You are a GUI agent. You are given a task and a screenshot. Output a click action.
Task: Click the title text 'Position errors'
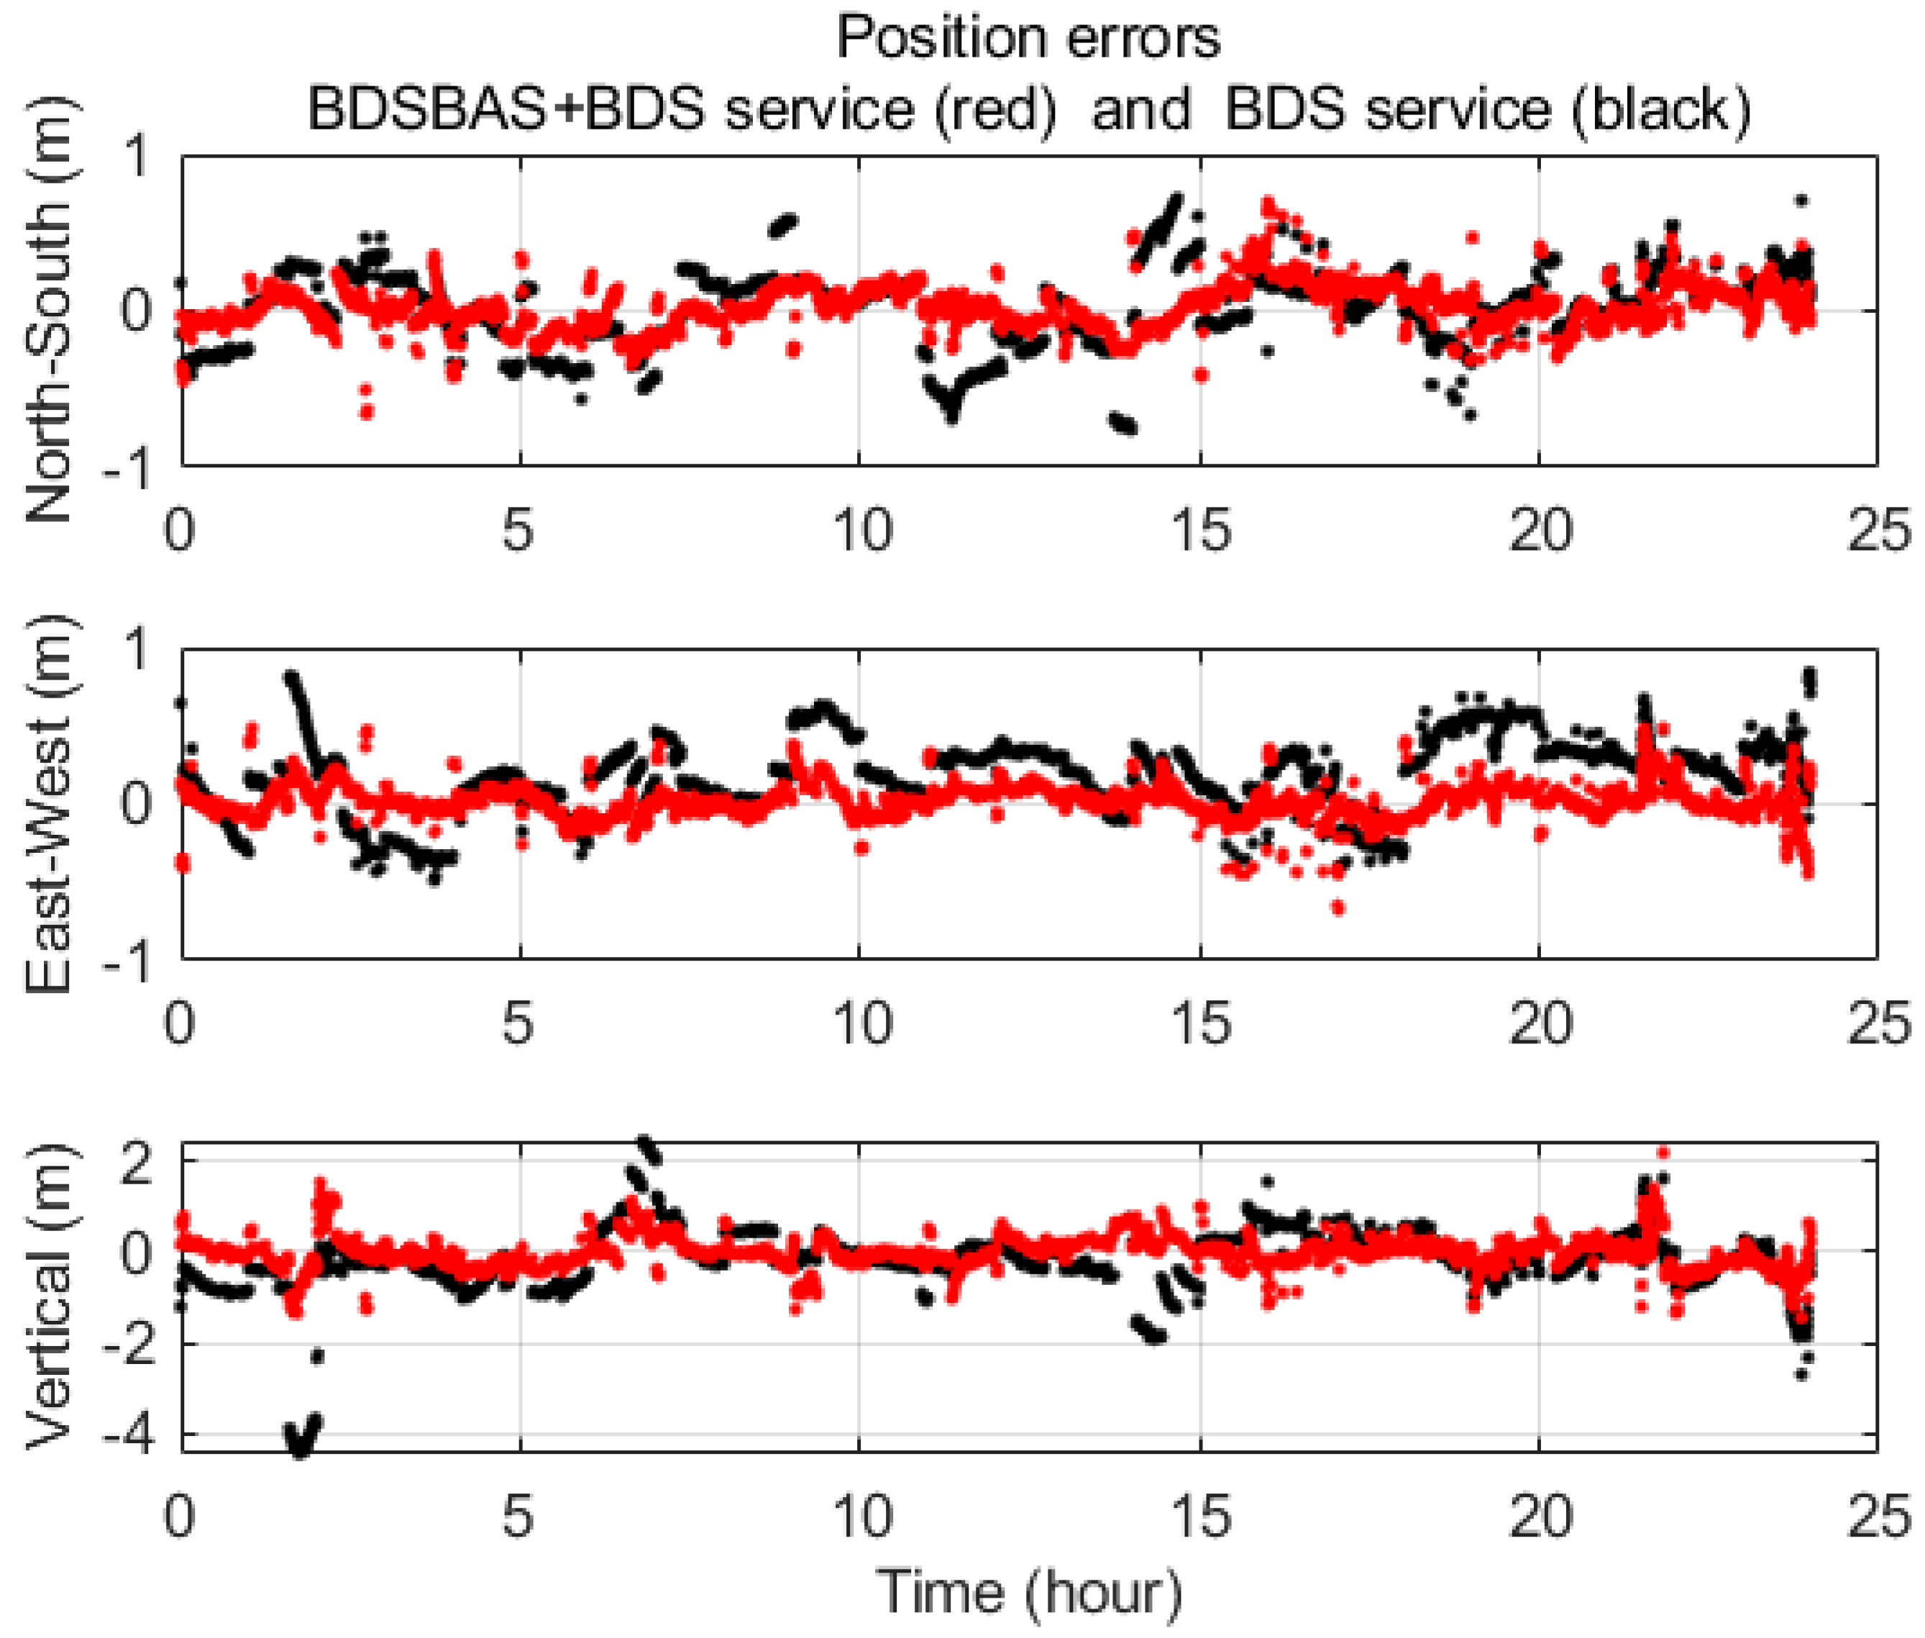(1028, 39)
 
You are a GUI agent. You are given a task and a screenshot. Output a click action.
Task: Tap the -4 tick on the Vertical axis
(128, 1435)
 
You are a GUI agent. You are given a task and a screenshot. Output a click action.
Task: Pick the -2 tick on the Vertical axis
(128, 1344)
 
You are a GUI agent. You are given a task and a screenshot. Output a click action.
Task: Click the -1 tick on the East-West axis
(128, 960)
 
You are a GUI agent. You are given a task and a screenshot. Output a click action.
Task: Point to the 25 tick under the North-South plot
(1878, 531)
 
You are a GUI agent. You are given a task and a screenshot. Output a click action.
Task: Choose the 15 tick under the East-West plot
(1201, 1023)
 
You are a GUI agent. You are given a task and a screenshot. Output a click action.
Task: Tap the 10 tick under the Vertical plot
(861, 1516)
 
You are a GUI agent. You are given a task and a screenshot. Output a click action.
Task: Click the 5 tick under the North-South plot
(519, 531)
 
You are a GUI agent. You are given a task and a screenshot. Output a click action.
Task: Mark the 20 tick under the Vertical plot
(1540, 1516)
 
